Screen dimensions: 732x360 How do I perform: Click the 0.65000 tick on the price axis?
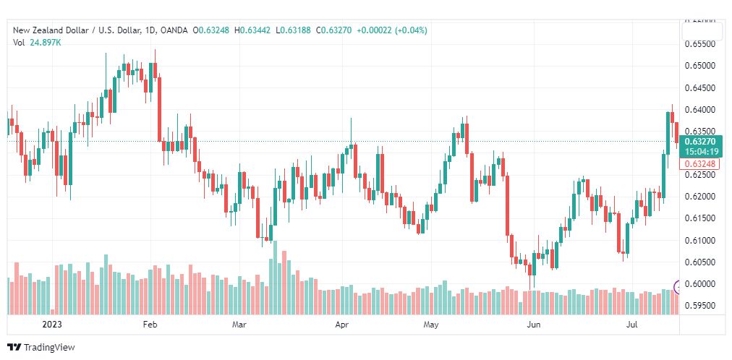click(x=699, y=66)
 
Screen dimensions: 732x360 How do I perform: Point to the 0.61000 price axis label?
click(x=699, y=240)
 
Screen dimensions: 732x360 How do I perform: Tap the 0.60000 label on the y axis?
click(x=699, y=284)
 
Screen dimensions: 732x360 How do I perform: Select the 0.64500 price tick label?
click(x=699, y=87)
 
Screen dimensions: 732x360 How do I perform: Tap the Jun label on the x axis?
click(x=534, y=324)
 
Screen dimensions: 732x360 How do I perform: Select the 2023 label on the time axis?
click(x=51, y=324)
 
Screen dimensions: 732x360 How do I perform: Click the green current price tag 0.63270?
click(x=701, y=141)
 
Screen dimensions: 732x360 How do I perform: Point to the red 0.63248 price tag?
click(x=699, y=163)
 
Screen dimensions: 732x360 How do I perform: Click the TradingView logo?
click(x=41, y=348)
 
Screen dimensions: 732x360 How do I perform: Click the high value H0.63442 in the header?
click(x=252, y=31)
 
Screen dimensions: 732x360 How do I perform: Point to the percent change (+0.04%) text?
click(x=411, y=31)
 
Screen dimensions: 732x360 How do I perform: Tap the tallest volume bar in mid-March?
click(x=275, y=278)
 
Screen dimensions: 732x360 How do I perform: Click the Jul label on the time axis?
click(x=631, y=324)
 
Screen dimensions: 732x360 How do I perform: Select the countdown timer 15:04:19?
click(x=701, y=152)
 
